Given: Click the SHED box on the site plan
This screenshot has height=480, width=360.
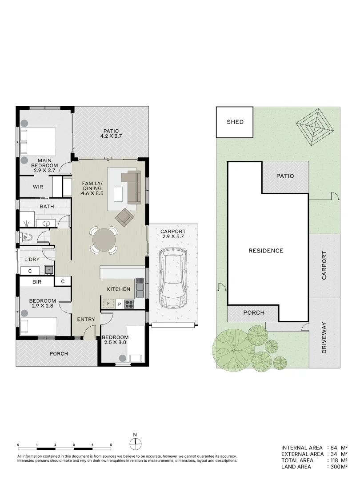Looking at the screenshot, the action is point(235,122).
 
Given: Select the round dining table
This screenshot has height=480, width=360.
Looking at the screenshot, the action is point(104,240).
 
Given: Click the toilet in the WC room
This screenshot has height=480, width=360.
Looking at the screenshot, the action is point(27,237).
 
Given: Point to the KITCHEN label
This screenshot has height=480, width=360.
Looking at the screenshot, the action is point(119,289).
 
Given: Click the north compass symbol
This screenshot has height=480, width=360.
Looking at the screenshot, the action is point(135,443).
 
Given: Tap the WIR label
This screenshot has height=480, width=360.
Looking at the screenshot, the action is point(38,187).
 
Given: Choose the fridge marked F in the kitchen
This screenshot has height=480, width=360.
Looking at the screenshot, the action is point(108,304).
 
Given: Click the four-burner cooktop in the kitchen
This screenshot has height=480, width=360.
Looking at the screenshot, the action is point(129,304).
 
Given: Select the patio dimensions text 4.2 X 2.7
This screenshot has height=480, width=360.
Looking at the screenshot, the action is point(111,136).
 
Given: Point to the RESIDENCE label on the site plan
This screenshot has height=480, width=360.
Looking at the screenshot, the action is point(266,251).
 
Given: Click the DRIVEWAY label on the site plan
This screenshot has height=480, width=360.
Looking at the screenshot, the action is point(324,338).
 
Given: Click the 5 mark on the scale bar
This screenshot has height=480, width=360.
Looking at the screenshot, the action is point(111,445).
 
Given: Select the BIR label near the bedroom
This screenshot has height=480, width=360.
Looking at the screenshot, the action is point(37,282).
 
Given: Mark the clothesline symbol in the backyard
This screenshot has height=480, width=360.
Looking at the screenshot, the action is point(314,126).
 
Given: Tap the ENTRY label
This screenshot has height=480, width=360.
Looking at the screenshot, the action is point(86,319).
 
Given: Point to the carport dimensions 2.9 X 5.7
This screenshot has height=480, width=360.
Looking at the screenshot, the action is point(173,236).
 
